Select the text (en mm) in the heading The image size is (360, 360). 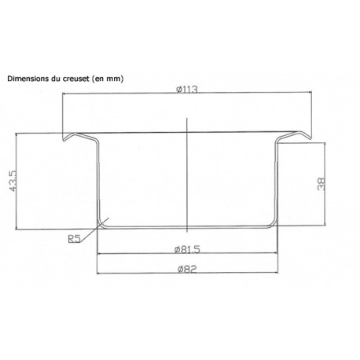point(107,79)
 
